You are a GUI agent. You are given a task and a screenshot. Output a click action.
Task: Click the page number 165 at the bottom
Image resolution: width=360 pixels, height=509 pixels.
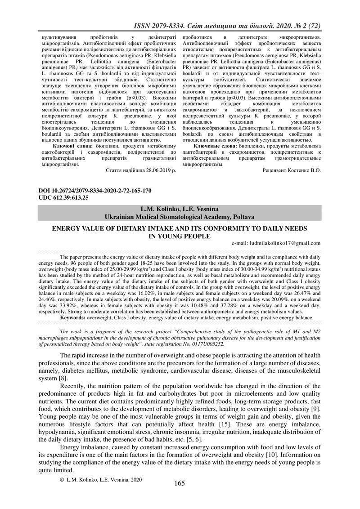point(180,483)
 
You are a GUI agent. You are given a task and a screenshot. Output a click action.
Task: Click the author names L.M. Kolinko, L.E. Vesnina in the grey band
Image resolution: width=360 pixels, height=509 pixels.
point(180,210)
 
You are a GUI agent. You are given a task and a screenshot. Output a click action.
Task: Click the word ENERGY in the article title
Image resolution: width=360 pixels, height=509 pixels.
point(67,228)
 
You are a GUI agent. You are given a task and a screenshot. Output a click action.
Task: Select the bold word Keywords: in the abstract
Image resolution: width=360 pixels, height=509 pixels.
point(72,317)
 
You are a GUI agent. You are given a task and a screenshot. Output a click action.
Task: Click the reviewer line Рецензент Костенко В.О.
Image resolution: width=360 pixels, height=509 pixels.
point(292,171)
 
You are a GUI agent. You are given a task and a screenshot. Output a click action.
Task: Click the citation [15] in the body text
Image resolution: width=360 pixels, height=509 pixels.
point(231,412)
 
